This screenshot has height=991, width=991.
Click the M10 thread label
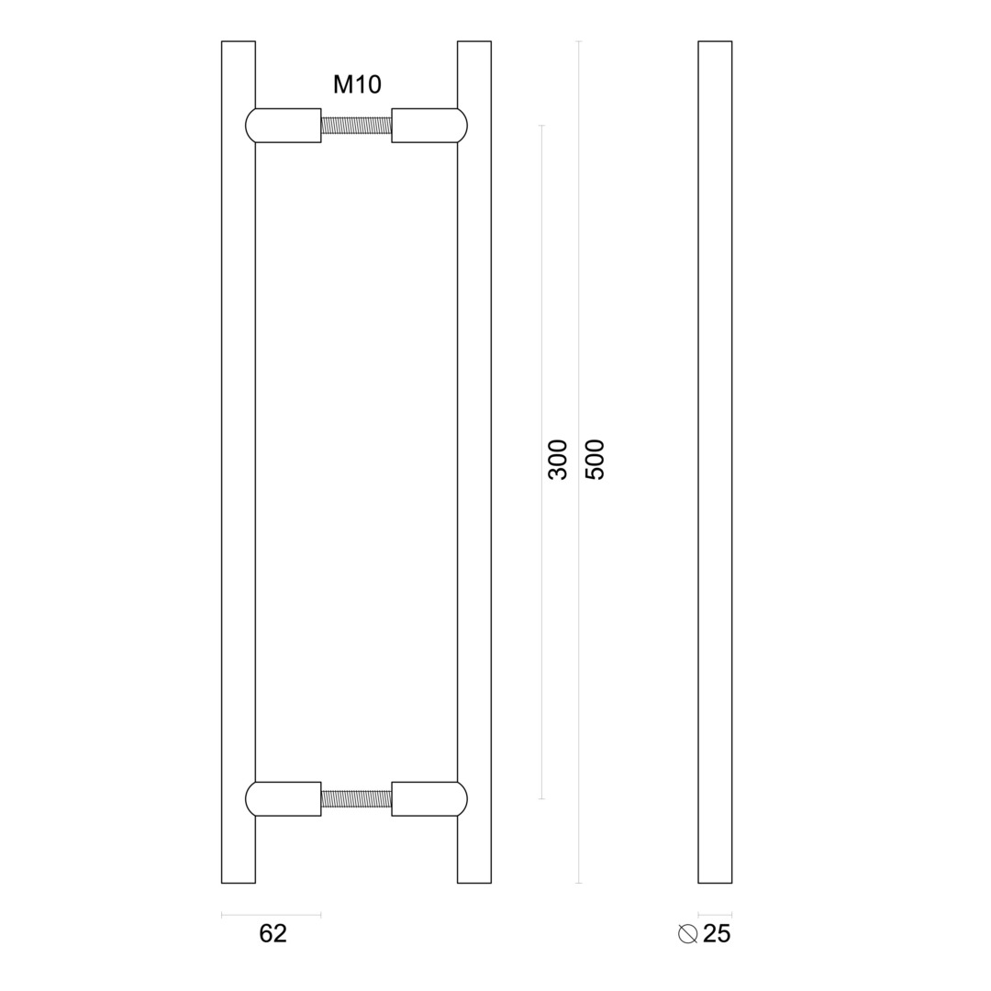357,84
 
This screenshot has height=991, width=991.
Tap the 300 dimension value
557,460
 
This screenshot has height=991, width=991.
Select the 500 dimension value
595,460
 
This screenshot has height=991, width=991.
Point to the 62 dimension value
273,933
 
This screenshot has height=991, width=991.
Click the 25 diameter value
717,933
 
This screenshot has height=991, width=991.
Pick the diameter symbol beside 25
687,933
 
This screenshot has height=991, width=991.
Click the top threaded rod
356,126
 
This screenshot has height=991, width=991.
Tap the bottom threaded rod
356,798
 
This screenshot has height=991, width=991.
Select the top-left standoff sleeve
288,126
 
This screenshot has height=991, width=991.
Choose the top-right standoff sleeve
424,126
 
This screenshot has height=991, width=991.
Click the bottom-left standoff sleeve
288,798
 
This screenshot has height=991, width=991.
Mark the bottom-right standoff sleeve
424,798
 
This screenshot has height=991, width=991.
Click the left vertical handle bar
238,459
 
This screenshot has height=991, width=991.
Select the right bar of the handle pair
474,459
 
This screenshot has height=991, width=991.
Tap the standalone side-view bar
715,459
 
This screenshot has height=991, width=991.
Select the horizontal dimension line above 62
271,914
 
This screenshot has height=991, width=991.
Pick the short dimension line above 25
715,914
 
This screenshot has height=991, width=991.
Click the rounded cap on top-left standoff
250,126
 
